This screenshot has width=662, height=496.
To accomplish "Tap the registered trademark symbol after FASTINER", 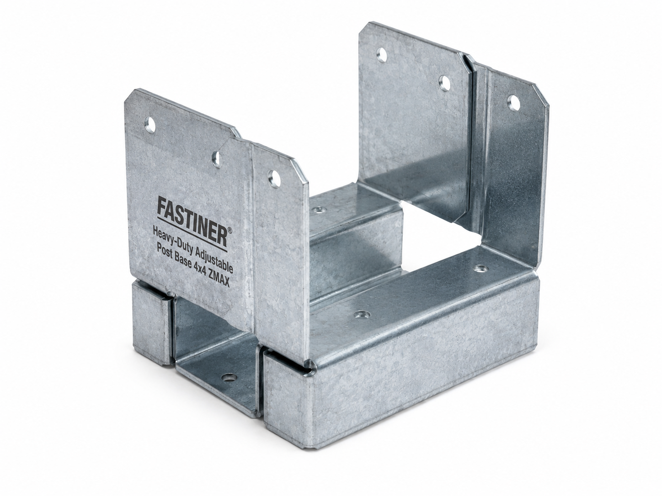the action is pos(230,231).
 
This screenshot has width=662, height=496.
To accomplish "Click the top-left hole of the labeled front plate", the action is pos(150,124).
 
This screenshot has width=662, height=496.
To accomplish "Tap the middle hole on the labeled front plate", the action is pos(216,158).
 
